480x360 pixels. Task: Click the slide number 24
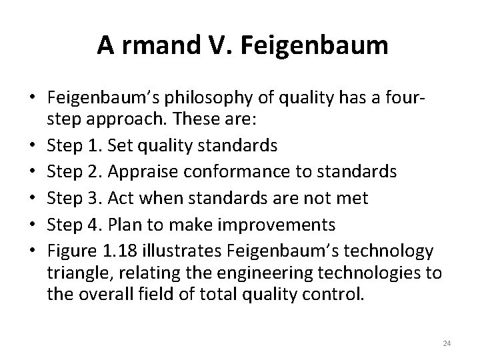tap(447, 343)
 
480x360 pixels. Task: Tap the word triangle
tap(77, 273)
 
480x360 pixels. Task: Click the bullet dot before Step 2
tap(33, 171)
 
